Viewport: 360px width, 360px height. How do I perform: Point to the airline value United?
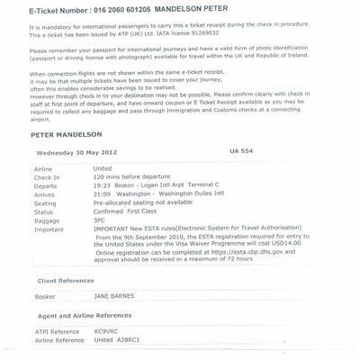106,168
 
